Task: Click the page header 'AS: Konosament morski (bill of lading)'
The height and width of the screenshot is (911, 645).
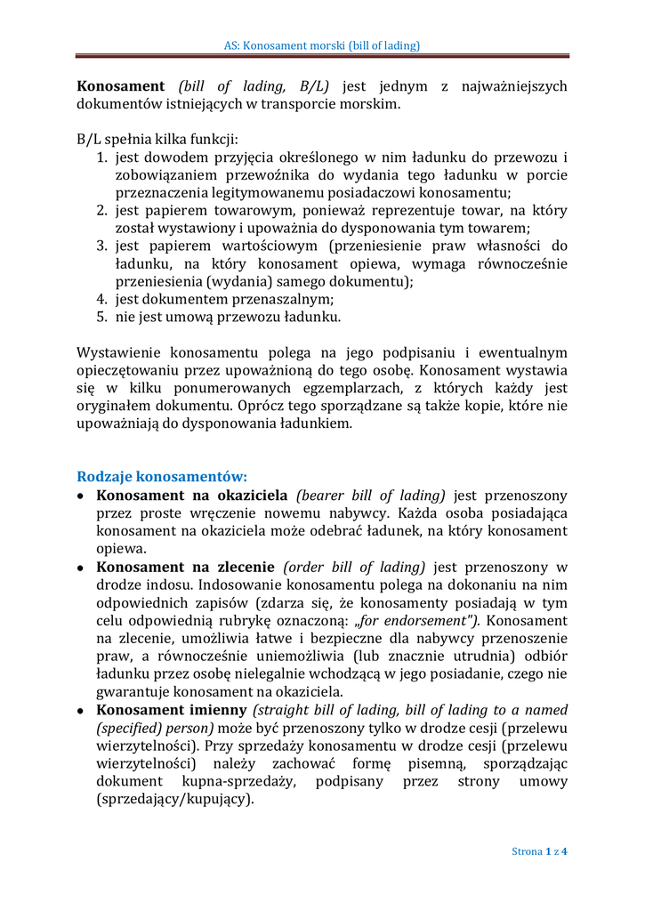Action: (x=322, y=44)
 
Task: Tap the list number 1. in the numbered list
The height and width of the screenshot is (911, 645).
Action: (x=102, y=157)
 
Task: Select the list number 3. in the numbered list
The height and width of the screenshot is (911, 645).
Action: (x=102, y=246)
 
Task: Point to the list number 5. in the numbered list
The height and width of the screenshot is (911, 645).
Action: (x=102, y=316)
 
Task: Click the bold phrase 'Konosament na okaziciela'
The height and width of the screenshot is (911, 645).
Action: (x=192, y=496)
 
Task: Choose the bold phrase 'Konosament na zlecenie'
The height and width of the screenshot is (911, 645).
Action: (x=185, y=567)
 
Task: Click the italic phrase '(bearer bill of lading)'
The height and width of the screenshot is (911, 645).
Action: (x=371, y=496)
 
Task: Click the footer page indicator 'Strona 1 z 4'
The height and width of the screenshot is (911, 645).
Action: (x=539, y=851)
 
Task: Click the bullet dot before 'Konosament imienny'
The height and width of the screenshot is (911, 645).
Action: (x=82, y=711)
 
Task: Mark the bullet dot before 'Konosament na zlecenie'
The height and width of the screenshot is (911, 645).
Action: (x=82, y=568)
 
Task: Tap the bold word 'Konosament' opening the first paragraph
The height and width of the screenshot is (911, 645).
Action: (x=121, y=86)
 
